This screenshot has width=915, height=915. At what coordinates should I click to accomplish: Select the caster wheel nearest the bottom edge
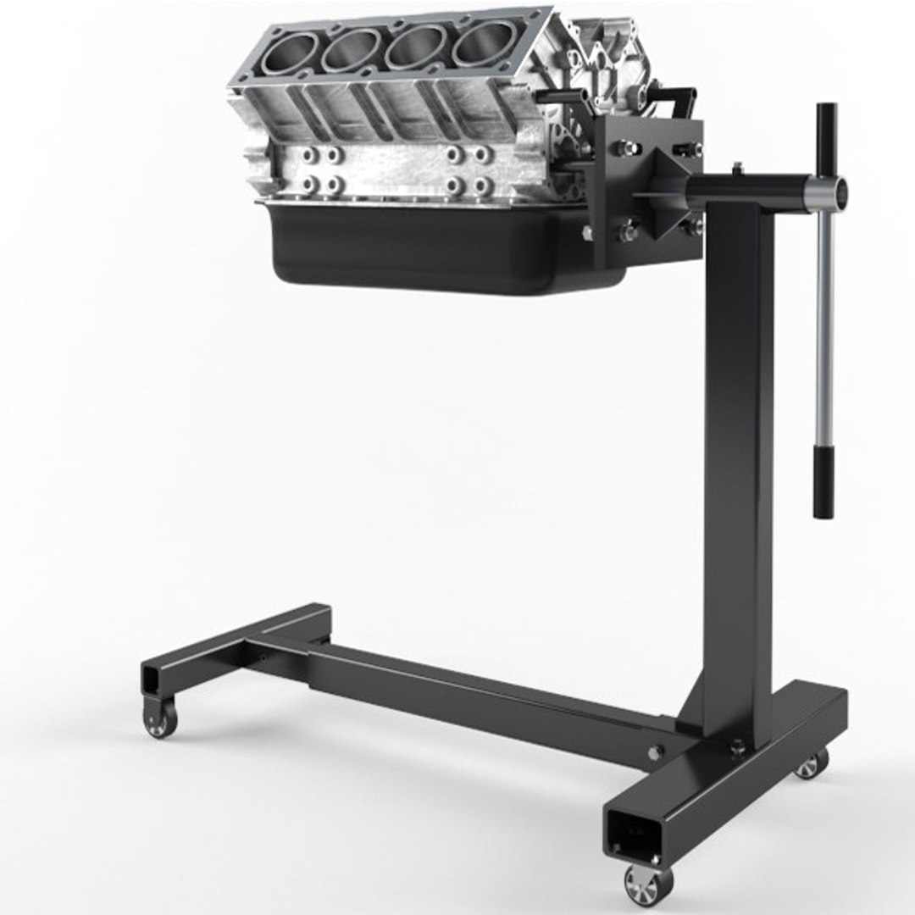(x=648, y=884)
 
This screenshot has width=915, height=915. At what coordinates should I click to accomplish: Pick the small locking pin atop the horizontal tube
(x=737, y=168)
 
